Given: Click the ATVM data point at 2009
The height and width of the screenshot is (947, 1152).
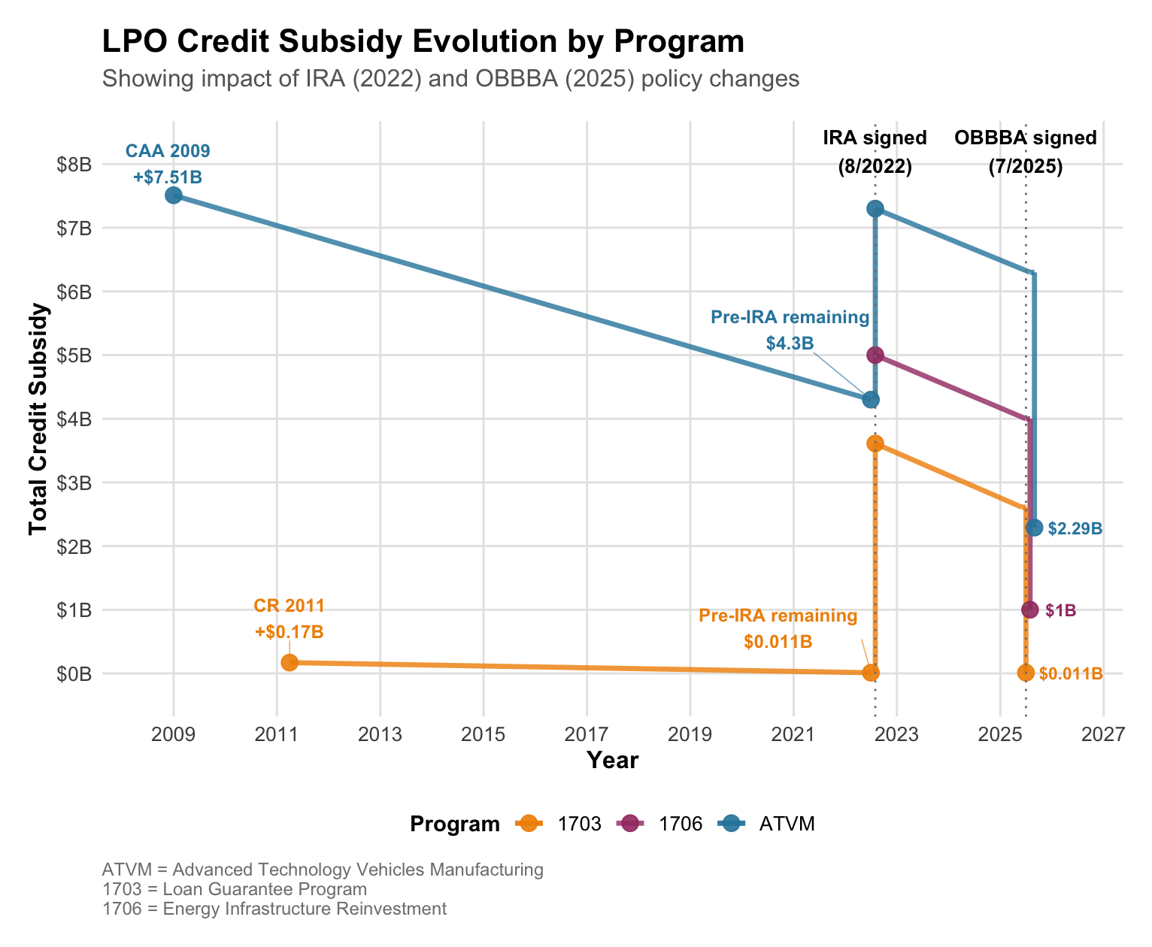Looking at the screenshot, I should (x=174, y=195).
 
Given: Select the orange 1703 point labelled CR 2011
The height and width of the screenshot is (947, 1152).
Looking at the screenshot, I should (x=290, y=662).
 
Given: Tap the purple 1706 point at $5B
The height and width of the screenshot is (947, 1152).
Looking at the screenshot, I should (x=875, y=355).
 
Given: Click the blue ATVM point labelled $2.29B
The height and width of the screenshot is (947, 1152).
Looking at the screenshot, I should (x=1034, y=528).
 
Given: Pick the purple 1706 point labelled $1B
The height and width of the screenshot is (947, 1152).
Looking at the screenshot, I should (x=1030, y=610).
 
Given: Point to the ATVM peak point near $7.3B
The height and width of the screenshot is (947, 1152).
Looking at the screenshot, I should (x=875, y=208).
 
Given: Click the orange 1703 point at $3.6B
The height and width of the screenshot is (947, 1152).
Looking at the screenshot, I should (x=875, y=443).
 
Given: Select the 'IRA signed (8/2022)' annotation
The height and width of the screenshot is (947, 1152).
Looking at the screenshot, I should (x=875, y=152).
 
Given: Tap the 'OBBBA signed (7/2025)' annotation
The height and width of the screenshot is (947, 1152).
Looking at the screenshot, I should (x=1025, y=152).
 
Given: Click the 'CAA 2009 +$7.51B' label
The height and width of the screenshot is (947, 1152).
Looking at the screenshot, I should (x=168, y=164).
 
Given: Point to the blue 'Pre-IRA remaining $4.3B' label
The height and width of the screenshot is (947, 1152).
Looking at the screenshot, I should (x=790, y=330).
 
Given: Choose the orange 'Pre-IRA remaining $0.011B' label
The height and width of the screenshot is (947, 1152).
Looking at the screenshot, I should (x=778, y=628).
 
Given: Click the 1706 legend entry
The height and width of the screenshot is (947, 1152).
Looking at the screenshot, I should (x=659, y=824).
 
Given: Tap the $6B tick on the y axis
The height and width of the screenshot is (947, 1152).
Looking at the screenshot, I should (x=74, y=292).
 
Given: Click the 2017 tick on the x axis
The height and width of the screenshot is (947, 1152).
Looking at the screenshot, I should (x=587, y=733).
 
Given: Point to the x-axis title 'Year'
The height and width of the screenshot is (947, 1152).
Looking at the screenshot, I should (x=612, y=761).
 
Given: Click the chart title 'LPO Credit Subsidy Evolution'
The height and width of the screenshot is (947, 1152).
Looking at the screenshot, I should (x=423, y=41).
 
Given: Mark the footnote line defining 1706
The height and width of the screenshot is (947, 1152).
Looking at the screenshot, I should (x=274, y=909).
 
